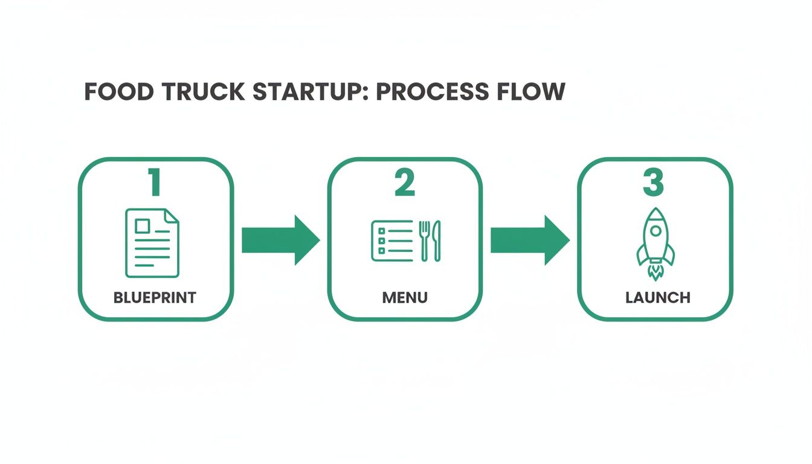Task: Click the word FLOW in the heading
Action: (532, 92)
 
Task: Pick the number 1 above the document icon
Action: (155, 182)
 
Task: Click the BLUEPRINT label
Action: (155, 297)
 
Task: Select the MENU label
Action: (405, 297)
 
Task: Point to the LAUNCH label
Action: (658, 297)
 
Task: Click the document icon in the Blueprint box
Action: (152, 242)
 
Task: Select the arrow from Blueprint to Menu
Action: (280, 240)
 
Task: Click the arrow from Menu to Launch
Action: (529, 240)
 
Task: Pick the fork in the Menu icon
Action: (425, 240)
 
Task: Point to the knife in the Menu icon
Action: (437, 240)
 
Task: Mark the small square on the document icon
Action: (142, 226)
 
